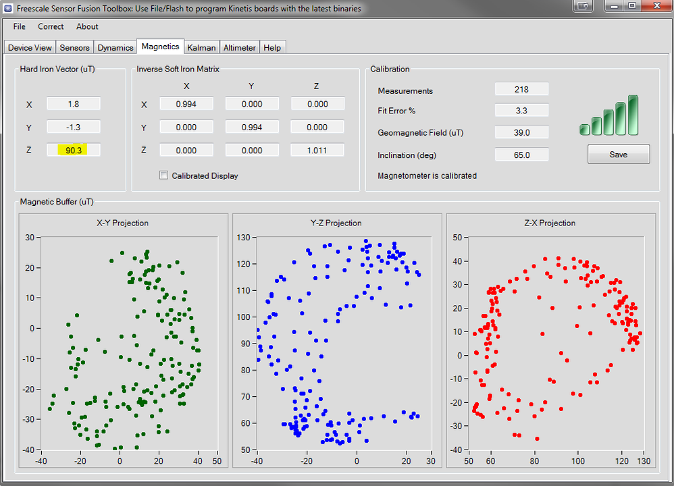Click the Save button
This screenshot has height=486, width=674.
point(618,155)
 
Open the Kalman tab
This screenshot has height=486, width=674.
point(202,48)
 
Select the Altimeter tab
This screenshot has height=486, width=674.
point(240,48)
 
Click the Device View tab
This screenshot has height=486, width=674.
point(30,48)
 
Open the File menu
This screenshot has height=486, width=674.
point(19,26)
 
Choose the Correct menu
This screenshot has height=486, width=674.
point(51,26)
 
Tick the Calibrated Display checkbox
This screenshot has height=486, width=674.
point(163,175)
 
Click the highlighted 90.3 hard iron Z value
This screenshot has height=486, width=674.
point(74,150)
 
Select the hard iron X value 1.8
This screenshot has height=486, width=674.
point(74,104)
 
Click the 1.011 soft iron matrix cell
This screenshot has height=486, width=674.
point(317,150)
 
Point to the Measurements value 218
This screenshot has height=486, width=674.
point(521,89)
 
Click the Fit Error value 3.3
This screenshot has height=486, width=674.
point(521,111)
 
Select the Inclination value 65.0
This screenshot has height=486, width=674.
point(521,155)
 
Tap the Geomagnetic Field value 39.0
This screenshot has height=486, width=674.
point(521,132)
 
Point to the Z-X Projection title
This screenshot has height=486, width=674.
point(550,223)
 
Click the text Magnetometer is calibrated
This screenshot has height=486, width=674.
point(427,175)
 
